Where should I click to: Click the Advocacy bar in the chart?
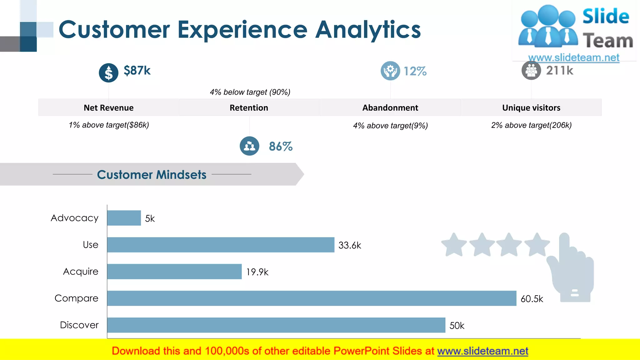[124, 218]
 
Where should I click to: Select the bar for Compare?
[312, 298]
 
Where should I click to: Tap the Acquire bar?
[174, 271]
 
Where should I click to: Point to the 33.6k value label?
[350, 245]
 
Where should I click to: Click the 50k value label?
[457, 326]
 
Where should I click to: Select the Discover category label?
[79, 325]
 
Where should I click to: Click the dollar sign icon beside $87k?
[108, 73]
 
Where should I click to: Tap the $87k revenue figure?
[137, 71]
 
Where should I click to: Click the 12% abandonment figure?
[415, 71]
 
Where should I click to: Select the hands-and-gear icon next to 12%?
[390, 71]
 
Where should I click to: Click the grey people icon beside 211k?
[531, 71]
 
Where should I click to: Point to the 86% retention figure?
[281, 146]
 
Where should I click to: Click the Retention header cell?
[249, 107]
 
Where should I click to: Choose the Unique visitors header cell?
[531, 107]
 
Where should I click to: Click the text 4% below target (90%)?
[250, 92]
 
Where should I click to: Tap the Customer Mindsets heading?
[152, 174]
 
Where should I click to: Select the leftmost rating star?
[454, 245]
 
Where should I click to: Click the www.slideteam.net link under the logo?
[573, 57]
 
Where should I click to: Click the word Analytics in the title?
[368, 30]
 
